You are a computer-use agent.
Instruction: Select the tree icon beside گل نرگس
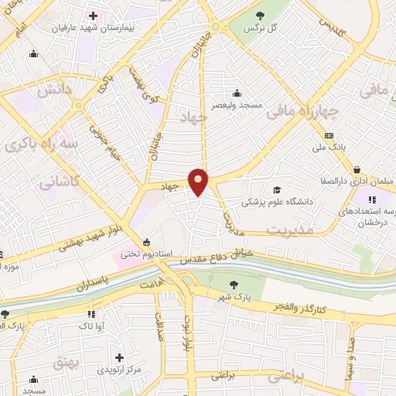(259, 15)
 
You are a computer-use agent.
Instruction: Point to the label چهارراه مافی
(304, 113)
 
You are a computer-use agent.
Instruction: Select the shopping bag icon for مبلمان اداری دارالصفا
(356, 169)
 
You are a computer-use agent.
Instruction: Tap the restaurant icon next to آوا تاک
(92, 314)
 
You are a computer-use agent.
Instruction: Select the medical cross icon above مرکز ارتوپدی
(119, 357)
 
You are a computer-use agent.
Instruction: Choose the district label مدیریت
(292, 230)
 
